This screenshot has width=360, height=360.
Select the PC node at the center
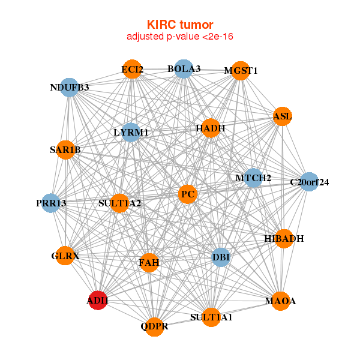coord(188,194)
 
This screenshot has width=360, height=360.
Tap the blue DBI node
coord(221,257)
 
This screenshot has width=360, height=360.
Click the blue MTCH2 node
coord(253,178)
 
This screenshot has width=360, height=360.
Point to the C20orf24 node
coord(309,182)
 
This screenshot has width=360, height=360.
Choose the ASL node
coord(282,116)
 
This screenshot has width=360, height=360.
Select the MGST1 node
coord(240,71)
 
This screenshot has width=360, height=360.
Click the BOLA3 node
coord(184,69)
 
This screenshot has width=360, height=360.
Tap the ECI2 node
coord(132,70)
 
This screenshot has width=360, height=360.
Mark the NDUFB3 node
coord(70,88)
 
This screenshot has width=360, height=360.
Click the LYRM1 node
coord(131,132)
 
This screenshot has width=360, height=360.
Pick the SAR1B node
coord(65,150)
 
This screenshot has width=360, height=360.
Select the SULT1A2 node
coord(119,203)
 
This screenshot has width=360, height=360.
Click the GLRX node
coord(65,256)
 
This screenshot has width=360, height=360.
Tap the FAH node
coord(149,262)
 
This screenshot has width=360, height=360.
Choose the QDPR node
coord(155,326)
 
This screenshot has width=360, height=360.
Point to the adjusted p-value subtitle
coord(180,37)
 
